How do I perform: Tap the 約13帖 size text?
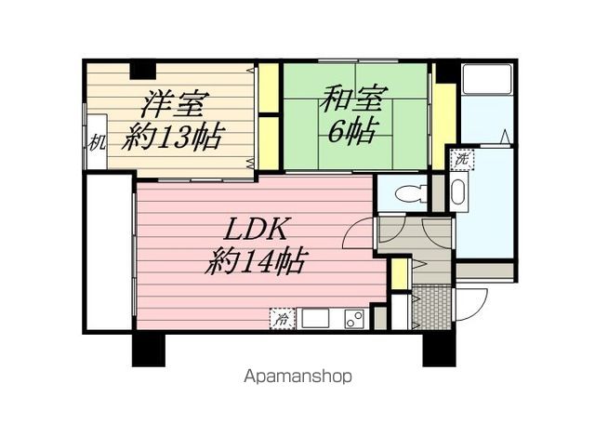click(173, 137)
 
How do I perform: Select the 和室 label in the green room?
click(353, 99)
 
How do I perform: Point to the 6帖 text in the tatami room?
click(353, 131)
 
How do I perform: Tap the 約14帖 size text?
click(255, 261)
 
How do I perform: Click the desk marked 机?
click(97, 141)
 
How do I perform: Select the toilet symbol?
click(410, 193)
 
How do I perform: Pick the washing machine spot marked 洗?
click(462, 159)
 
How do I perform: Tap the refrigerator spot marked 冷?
click(282, 318)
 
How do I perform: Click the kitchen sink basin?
click(315, 318)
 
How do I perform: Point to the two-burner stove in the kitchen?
click(354, 318)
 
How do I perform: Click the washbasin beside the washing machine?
click(459, 192)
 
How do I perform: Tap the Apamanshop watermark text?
click(297, 377)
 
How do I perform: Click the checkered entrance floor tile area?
click(431, 308)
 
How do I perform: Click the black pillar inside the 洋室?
click(142, 71)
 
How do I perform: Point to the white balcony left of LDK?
click(109, 252)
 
